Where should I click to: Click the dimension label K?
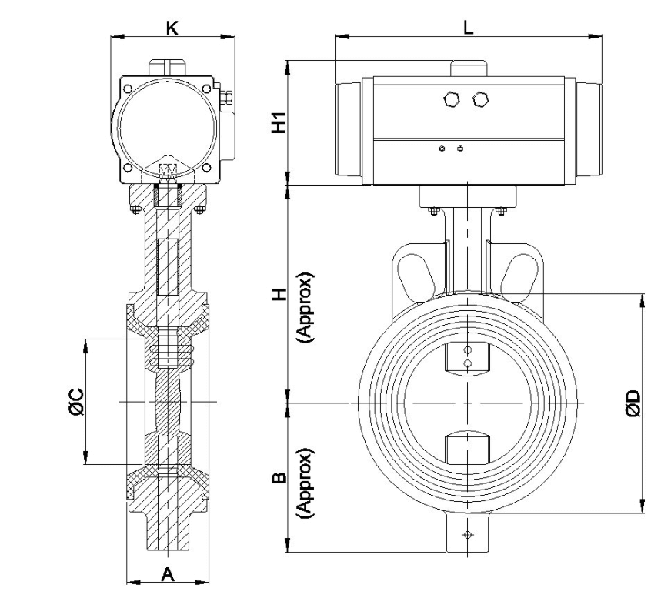[172, 28]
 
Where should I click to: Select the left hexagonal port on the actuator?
[452, 99]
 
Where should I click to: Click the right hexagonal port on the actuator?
[481, 99]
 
